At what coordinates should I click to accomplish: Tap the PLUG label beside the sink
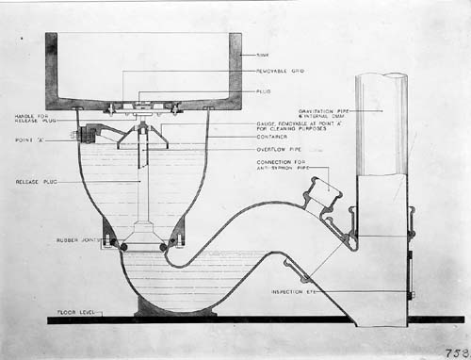[264, 91]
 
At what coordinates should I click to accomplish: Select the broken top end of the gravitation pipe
[382, 78]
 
